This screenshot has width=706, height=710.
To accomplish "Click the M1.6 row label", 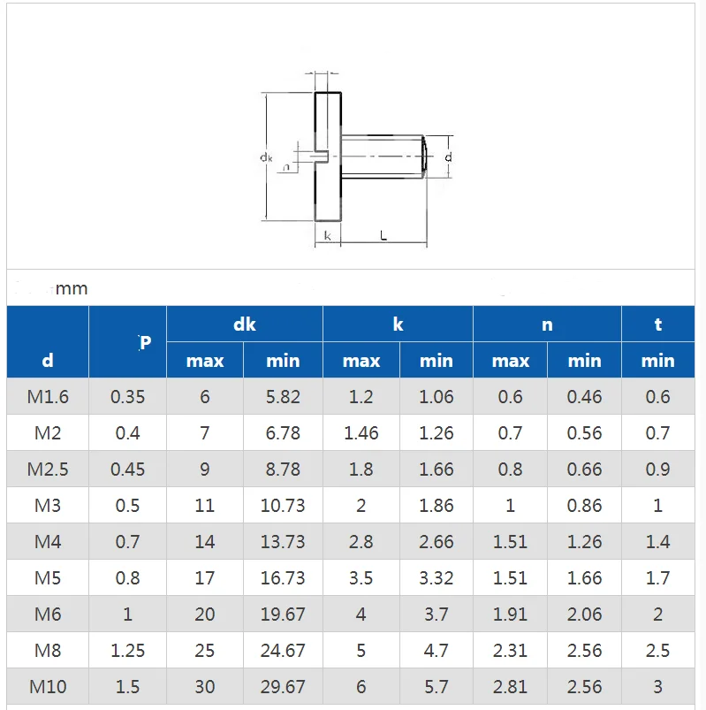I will (48, 397).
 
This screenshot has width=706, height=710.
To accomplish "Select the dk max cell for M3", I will (205, 506).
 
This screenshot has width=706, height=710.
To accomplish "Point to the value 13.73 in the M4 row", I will (283, 542).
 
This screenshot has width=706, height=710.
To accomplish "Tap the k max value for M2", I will (361, 433).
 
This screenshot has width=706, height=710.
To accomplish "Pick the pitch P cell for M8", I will (127, 651).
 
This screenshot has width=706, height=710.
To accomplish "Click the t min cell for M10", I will (657, 687).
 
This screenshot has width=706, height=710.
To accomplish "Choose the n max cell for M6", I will (510, 615).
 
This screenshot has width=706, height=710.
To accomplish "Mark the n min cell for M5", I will (584, 578).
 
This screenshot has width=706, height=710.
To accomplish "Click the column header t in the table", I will (657, 324).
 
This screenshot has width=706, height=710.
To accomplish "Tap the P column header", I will (146, 342).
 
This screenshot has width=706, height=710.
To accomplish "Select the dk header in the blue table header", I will (245, 324).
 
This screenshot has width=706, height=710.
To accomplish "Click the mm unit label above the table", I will (72, 289).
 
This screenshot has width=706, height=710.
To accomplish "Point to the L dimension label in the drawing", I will (383, 235).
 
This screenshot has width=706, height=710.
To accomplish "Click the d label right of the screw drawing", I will (449, 157).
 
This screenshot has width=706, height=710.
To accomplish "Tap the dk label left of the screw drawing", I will (266, 157).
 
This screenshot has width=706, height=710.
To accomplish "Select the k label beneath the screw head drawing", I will (328, 235).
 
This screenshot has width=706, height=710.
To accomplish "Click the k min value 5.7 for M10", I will (436, 687).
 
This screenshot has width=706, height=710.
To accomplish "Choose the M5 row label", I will (48, 578).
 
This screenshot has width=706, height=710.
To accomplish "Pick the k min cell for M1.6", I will (436, 397).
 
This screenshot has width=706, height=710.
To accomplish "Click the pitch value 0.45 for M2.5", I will (127, 470).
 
